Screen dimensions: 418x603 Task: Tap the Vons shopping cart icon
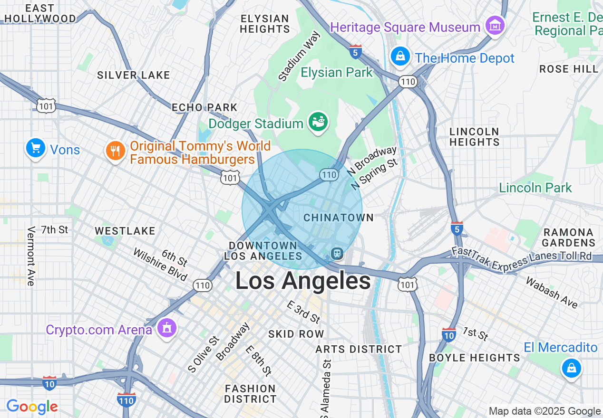(x=35, y=148)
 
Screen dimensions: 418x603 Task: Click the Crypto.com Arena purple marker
(x=166, y=328)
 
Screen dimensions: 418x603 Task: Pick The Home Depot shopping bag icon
(x=400, y=57)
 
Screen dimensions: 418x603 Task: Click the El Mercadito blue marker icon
(x=571, y=368)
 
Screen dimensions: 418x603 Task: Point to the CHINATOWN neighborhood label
(x=339, y=218)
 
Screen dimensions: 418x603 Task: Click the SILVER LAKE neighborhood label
(x=133, y=75)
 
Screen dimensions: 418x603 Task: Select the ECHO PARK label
(x=204, y=107)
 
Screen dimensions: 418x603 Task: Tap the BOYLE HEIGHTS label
(x=475, y=358)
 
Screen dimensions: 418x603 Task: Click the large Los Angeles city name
(x=303, y=281)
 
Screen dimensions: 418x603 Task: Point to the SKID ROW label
(x=296, y=334)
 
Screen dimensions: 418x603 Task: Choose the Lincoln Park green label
(x=535, y=188)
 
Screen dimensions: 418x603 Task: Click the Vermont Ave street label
(x=31, y=256)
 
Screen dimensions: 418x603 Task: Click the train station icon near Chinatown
(x=337, y=253)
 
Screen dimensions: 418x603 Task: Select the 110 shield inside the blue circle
(x=329, y=175)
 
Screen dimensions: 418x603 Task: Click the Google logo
(x=32, y=407)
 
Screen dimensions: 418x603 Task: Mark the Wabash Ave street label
(x=551, y=292)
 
